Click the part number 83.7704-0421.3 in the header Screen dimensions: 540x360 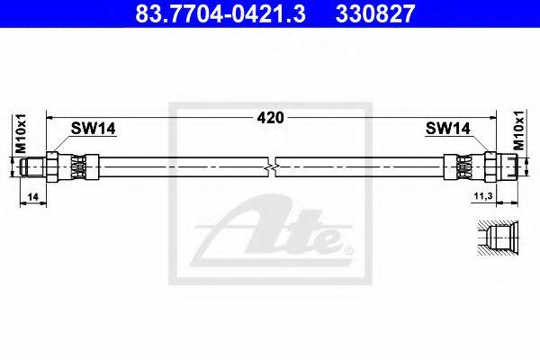tap(220, 13)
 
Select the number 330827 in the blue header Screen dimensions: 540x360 tap(375, 13)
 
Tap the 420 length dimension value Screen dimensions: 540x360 tap(270, 118)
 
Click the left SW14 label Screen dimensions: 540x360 tap(93, 129)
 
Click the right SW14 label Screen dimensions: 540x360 tap(447, 129)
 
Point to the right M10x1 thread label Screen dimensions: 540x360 tap(518, 130)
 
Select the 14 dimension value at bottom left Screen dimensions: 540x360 tap(33, 197)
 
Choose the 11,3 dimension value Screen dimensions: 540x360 tap(483, 196)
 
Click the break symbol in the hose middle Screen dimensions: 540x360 tap(272, 167)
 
